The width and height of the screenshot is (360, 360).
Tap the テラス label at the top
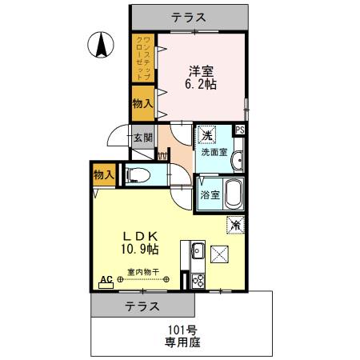click(x=190, y=16)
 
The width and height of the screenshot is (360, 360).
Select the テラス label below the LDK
click(x=142, y=306)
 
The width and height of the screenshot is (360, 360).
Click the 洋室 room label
click(x=202, y=69)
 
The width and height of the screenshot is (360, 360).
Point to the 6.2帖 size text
click(x=202, y=83)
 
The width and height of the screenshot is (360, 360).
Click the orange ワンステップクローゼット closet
click(x=143, y=57)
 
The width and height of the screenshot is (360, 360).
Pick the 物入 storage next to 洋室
click(x=143, y=103)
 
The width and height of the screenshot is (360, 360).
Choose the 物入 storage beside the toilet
click(x=103, y=174)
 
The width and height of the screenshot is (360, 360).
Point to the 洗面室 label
click(x=214, y=151)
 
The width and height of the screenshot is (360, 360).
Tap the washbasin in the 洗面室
click(x=238, y=160)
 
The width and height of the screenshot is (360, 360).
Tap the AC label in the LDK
click(x=105, y=281)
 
